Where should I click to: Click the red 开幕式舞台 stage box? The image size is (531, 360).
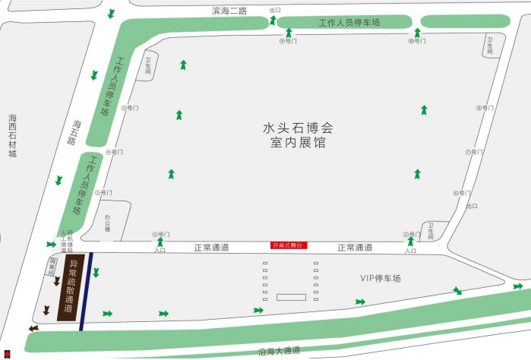tap(286, 245)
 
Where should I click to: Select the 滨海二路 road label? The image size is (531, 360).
tap(229, 11)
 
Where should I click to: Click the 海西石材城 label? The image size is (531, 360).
tap(12, 136)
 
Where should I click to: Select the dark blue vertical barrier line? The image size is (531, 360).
tap(87, 287)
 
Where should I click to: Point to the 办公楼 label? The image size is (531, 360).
tap(107, 223)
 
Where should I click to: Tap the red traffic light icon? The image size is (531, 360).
tap(8, 352)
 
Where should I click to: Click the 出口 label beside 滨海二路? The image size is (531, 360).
tap(275, 10)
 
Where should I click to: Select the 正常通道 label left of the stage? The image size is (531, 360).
tap(210, 247)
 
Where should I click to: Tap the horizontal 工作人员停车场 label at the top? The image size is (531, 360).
tap(349, 22)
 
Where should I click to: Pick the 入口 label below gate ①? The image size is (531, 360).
tap(160, 250)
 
